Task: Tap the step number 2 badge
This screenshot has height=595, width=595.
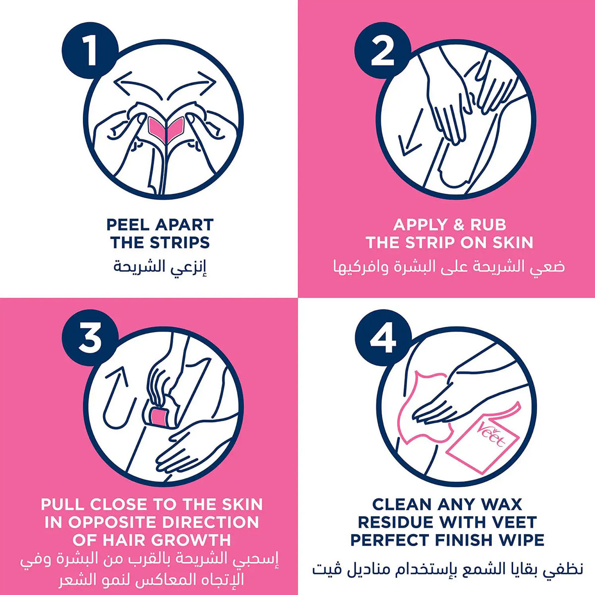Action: tap(383, 51)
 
